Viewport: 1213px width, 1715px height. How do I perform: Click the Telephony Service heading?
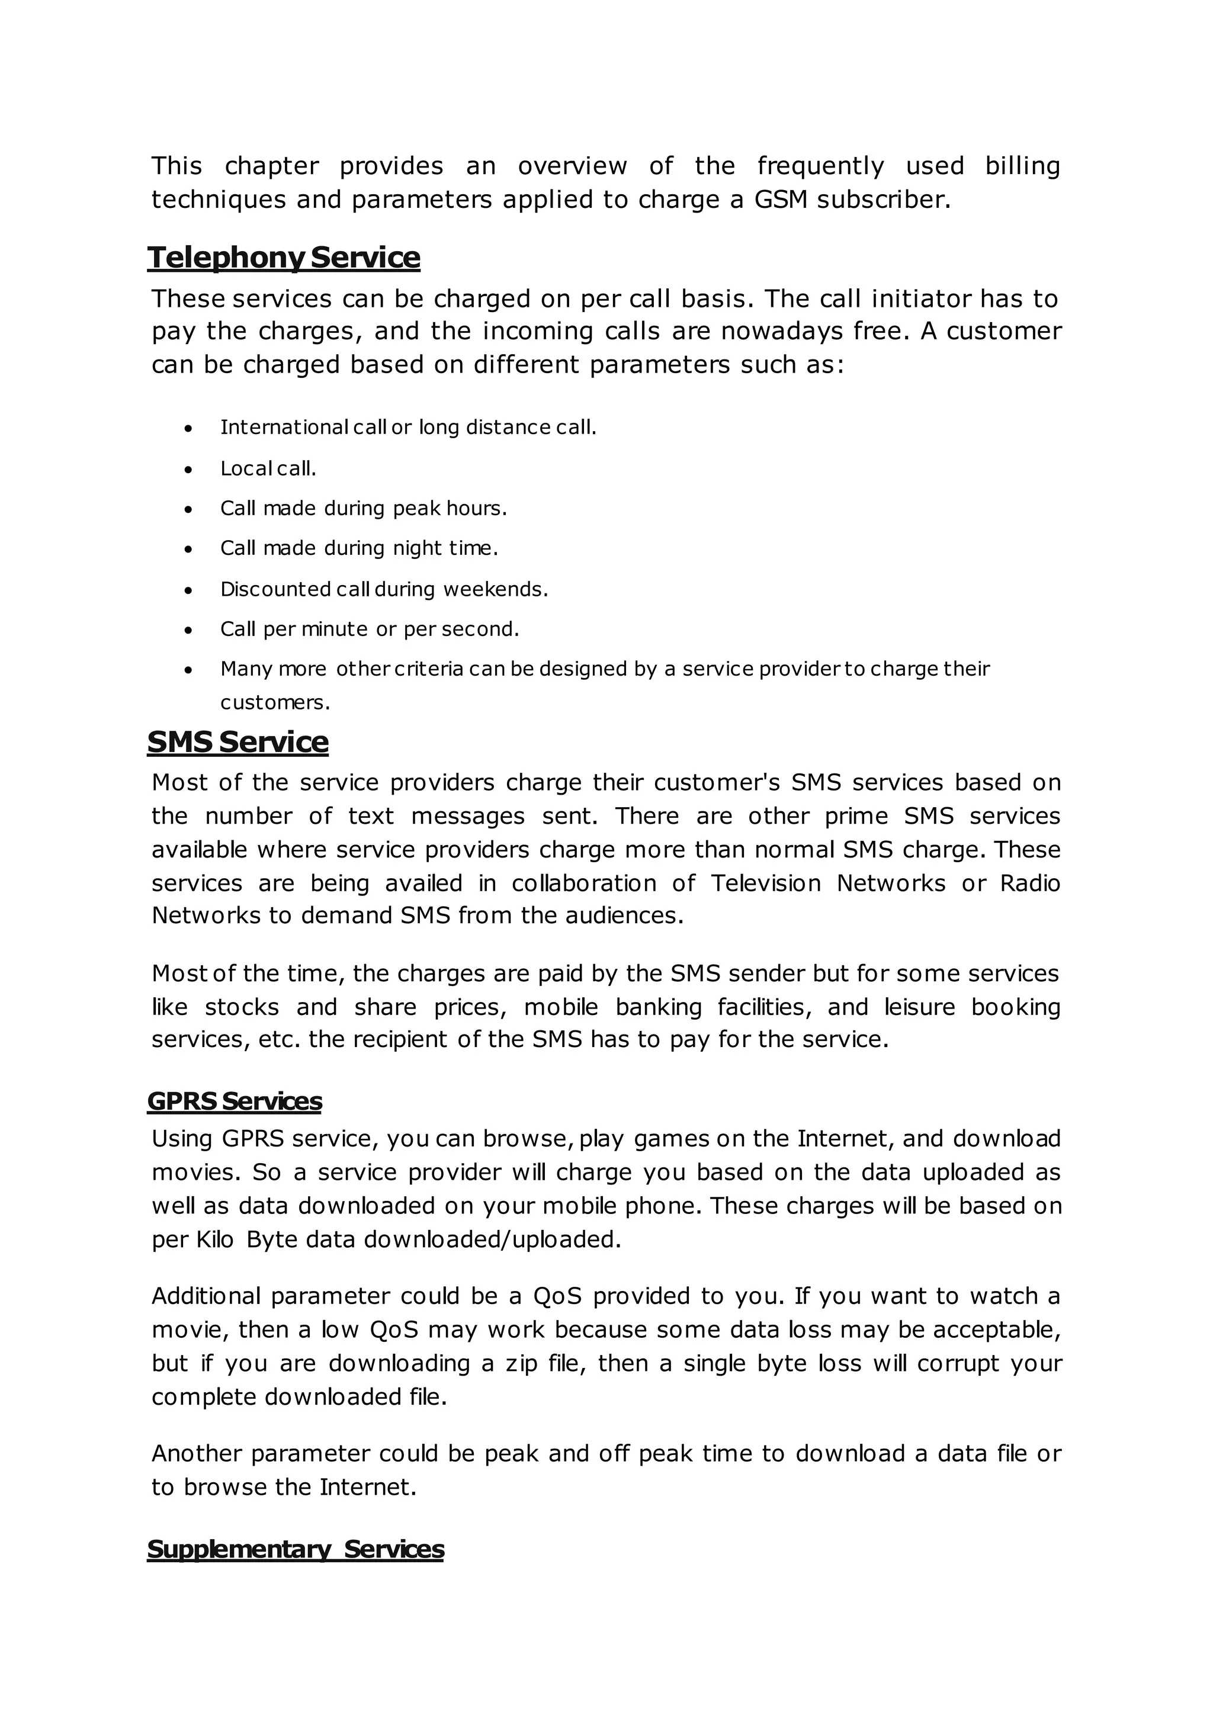pyautogui.click(x=284, y=258)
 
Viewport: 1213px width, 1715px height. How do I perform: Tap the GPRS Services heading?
pyautogui.click(x=235, y=1101)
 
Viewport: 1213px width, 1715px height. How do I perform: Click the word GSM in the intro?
pyautogui.click(x=781, y=200)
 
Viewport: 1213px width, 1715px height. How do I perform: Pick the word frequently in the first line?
pyautogui.click(x=820, y=165)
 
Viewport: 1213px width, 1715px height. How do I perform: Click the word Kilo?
pyautogui.click(x=215, y=1239)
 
